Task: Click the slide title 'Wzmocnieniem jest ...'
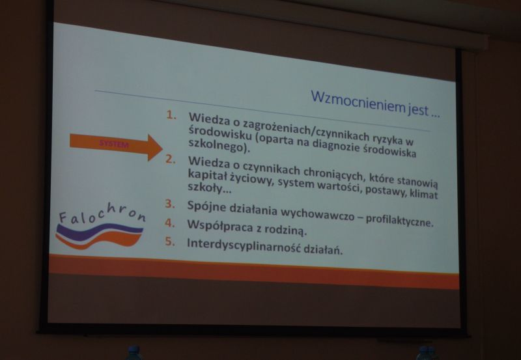coord(376,104)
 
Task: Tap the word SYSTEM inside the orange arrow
coord(114,144)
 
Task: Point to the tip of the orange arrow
coord(162,148)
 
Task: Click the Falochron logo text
coord(102,212)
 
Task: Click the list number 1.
coord(171,115)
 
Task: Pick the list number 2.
coord(171,159)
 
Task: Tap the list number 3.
coord(170,204)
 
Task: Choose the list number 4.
coord(170,223)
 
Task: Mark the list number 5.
coord(170,242)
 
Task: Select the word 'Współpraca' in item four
coord(218,226)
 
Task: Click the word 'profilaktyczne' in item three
coord(399,221)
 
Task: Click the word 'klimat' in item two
coord(424,193)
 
